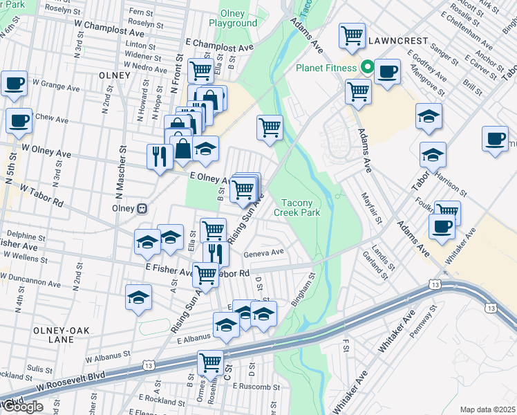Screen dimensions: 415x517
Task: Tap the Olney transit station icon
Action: click(x=142, y=207)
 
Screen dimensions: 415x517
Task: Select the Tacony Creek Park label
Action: click(x=301, y=207)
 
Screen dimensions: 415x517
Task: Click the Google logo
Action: click(x=22, y=407)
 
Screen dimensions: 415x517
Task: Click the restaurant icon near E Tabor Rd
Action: click(x=216, y=253)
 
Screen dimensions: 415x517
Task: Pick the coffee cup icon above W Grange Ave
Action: click(x=14, y=84)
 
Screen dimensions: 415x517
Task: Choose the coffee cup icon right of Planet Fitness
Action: click(x=388, y=71)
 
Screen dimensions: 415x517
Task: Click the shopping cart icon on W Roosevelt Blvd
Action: click(x=211, y=362)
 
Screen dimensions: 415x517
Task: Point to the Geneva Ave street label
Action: click(x=264, y=252)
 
